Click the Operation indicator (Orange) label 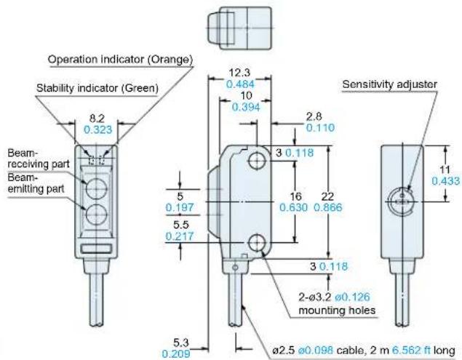(x=120, y=59)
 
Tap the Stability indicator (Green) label (x=97, y=88)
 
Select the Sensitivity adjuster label (x=389, y=84)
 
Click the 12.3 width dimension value (x=239, y=72)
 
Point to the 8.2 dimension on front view (x=97, y=119)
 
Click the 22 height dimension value (x=327, y=196)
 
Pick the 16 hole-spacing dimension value (x=296, y=196)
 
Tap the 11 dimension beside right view (x=445, y=169)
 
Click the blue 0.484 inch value (x=240, y=84)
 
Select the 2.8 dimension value (x=314, y=116)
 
